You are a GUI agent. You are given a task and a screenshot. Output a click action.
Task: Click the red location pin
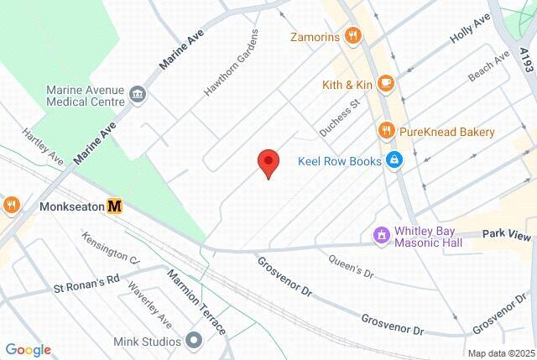[268, 162]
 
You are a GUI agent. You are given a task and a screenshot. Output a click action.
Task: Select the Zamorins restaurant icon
[354, 36]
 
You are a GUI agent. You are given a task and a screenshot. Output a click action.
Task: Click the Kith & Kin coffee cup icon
[385, 84]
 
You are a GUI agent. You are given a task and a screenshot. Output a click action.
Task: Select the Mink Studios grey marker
[195, 341]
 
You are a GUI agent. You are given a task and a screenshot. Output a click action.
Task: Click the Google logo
[28, 350]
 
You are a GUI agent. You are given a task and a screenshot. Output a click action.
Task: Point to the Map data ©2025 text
[500, 352]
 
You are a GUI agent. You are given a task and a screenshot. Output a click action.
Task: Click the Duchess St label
[338, 117]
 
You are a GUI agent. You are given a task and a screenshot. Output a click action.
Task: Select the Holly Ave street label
[470, 29]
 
